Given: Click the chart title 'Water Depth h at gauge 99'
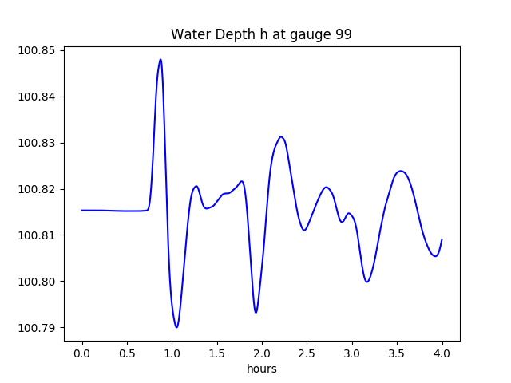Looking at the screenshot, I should [261, 35].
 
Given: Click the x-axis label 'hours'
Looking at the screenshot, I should [262, 369].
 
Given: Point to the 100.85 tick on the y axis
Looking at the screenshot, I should [38, 50].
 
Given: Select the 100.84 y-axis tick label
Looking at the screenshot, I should [38, 97].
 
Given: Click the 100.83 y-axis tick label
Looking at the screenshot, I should [38, 143].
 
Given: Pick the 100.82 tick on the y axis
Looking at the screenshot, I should [38, 189].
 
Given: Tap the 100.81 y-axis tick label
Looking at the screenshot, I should [38, 235].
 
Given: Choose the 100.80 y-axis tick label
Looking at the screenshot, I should [38, 282].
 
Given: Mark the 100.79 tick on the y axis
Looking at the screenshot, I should [38, 328].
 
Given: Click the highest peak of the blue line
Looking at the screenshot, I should [160, 59].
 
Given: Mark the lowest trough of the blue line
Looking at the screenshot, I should [176, 327].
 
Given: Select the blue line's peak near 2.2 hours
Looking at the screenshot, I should [281, 136].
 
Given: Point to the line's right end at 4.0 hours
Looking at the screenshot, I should [442, 239].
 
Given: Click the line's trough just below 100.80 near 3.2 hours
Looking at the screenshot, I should [367, 282].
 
